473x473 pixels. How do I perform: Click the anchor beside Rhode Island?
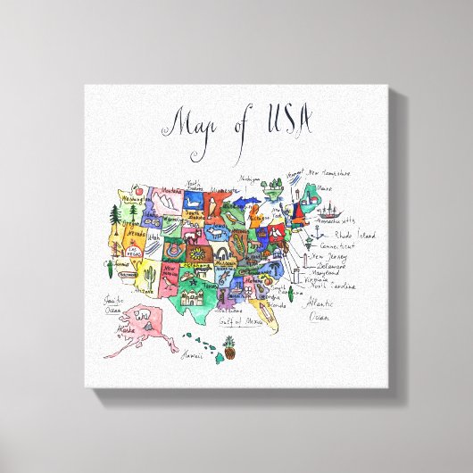tap(319, 234)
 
